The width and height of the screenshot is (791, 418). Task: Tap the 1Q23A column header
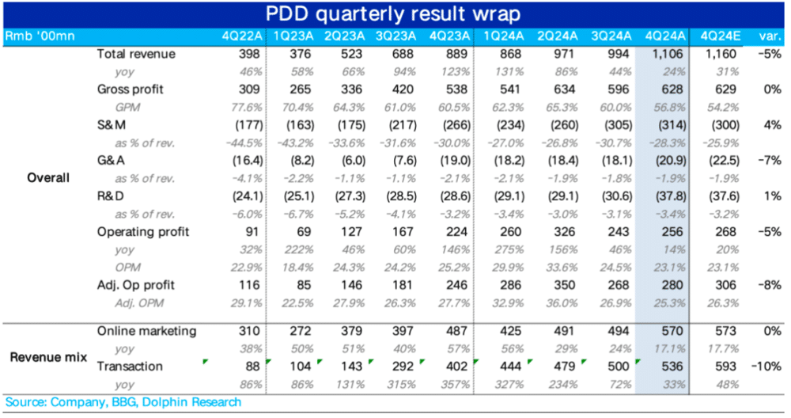(x=293, y=36)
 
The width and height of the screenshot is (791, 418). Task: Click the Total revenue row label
(x=136, y=54)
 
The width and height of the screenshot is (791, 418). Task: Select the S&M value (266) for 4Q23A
(x=453, y=125)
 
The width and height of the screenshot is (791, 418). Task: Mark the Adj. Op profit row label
(x=135, y=284)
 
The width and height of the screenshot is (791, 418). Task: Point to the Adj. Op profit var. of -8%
(x=769, y=284)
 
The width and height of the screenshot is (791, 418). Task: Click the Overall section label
(x=47, y=177)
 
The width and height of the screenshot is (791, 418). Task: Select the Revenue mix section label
(x=46, y=357)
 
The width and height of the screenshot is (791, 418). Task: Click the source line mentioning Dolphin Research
(x=123, y=402)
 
